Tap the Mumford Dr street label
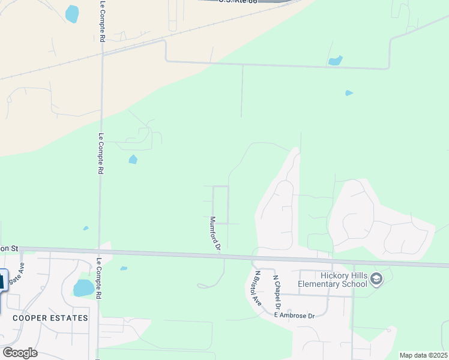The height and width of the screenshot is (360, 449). [x=215, y=233]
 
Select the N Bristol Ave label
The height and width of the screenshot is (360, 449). [x=258, y=289]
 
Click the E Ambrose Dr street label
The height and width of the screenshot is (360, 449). [x=294, y=316]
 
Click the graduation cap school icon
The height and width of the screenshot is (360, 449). [x=376, y=278]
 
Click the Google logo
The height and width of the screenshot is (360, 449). [x=19, y=352]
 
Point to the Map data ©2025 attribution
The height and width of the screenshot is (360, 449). [x=423, y=355]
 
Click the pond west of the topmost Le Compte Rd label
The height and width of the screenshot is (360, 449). [x=72, y=13]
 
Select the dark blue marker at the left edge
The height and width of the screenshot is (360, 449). [x=2, y=280]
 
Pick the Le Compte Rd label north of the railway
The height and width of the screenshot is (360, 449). [x=102, y=21]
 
